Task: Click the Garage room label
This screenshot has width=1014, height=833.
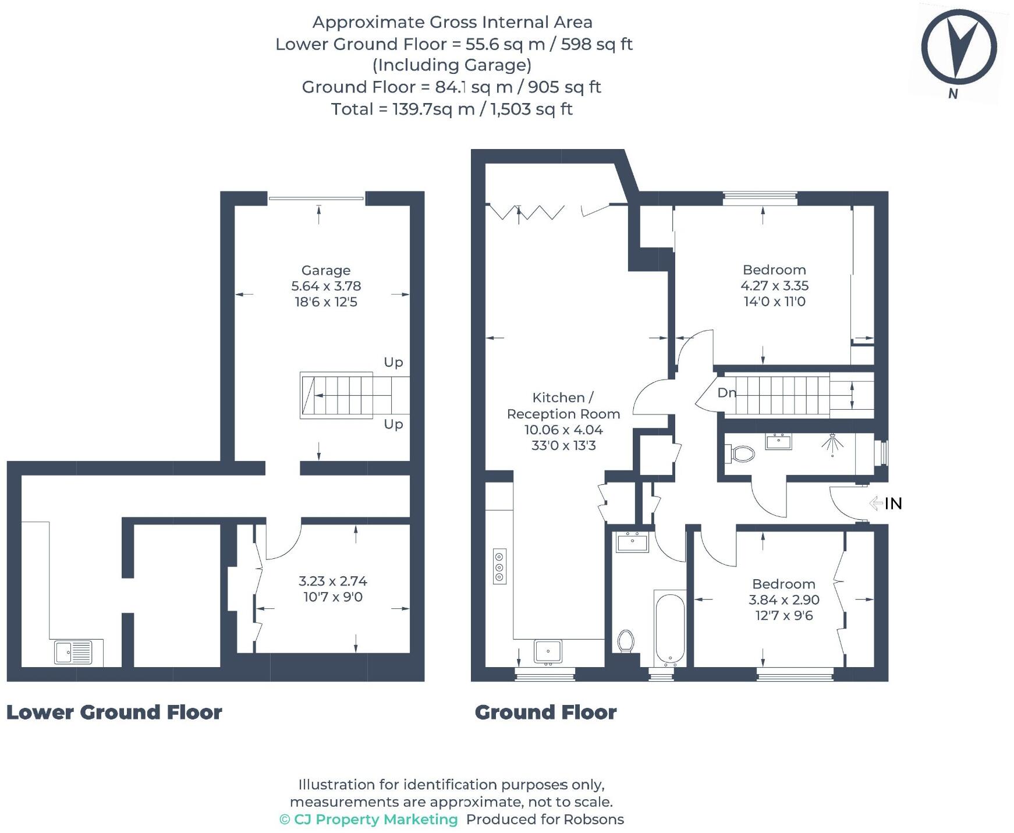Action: click(x=325, y=270)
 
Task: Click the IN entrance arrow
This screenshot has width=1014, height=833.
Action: click(x=886, y=503)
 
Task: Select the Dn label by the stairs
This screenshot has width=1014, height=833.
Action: click(x=726, y=393)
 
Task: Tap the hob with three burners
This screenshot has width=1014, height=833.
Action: click(x=499, y=566)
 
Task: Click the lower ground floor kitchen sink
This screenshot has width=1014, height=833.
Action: click(x=73, y=652)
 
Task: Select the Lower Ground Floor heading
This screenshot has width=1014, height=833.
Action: click(x=114, y=712)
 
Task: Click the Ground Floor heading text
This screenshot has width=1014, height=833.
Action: click(x=545, y=712)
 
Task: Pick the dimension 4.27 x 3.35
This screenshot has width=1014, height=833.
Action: click(x=774, y=286)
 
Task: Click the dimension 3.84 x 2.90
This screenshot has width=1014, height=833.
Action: click(x=783, y=600)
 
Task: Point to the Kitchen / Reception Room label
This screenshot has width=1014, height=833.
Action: click(x=563, y=406)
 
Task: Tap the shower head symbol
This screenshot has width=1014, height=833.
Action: click(x=833, y=443)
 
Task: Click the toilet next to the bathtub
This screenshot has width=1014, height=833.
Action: click(x=626, y=641)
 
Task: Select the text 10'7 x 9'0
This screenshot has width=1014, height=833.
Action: click(x=332, y=597)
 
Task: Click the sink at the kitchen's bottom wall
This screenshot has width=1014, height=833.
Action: click(x=547, y=651)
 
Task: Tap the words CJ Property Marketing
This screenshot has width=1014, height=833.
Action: click(x=375, y=819)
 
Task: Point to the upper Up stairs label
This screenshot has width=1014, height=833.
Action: click(x=393, y=362)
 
